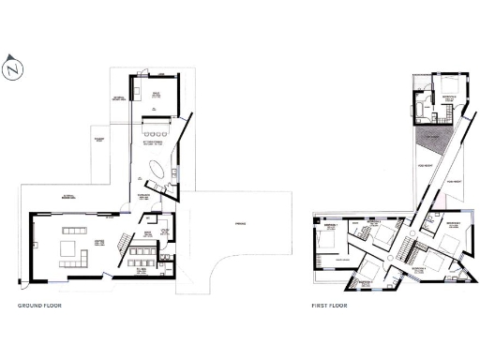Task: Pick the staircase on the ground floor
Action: pyautogui.click(x=121, y=242)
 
